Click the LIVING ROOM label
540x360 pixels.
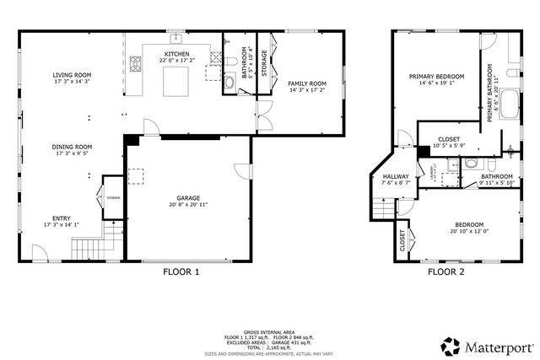(x=72, y=75)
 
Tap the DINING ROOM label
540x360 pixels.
(x=72, y=147)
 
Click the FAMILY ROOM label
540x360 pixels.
(x=306, y=83)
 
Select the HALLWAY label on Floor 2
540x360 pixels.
(x=395, y=176)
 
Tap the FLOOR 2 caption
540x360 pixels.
(x=445, y=272)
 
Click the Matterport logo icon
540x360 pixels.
(x=451, y=346)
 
